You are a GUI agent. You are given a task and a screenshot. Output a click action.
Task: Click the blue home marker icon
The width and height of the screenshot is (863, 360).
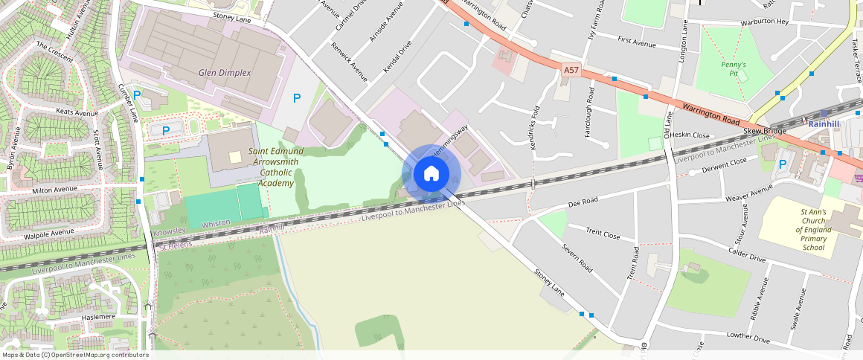click(431, 174)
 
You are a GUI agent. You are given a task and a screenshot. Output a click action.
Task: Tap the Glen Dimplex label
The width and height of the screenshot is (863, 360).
click(225, 73)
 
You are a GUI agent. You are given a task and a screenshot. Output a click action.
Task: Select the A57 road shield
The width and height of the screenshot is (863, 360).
click(571, 70)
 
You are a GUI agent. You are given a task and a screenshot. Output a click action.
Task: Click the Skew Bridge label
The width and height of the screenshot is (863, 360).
click(765, 131)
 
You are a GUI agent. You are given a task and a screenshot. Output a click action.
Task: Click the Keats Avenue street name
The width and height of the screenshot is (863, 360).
click(77, 113)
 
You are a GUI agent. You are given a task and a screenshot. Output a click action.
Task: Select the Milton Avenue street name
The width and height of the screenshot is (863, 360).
click(55, 190)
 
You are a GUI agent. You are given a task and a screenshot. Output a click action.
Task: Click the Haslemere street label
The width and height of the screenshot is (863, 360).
click(98, 317)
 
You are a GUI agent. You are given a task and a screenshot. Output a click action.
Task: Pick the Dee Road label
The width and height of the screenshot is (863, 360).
click(583, 202)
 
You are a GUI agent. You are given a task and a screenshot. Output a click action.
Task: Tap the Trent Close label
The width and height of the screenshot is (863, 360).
click(603, 234)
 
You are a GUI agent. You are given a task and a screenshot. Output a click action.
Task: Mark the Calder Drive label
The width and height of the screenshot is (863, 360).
click(747, 254)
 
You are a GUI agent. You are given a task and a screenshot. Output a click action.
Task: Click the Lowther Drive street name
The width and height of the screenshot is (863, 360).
click(749, 338)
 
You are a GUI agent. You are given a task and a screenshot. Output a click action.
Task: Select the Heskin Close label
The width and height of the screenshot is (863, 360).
click(690, 135)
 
